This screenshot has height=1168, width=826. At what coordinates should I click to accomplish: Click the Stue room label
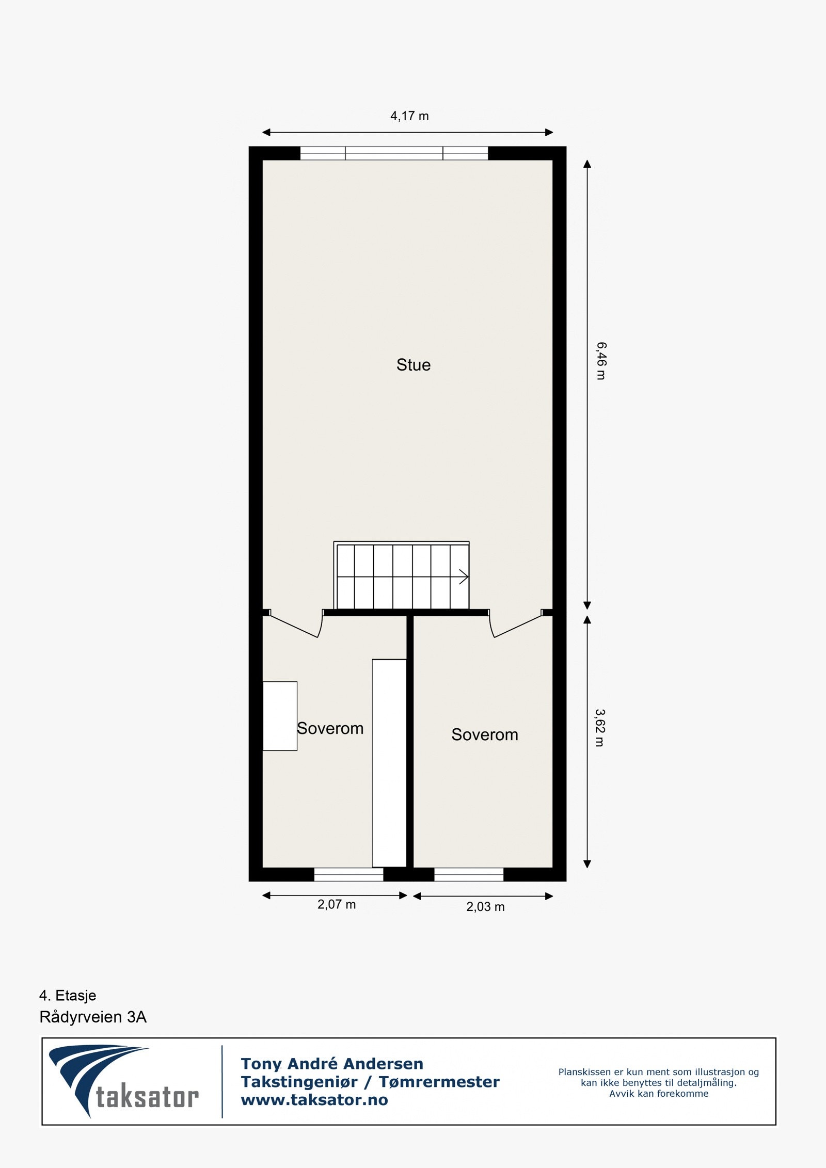(413, 365)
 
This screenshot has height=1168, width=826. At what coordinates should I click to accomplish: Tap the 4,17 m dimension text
(409, 116)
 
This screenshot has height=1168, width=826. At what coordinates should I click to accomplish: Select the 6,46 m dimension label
(601, 361)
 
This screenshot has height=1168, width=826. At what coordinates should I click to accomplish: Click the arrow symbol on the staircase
(463, 577)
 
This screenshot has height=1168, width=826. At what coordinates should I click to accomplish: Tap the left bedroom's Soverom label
(330, 728)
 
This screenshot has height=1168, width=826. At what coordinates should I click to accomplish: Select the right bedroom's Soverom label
(485, 734)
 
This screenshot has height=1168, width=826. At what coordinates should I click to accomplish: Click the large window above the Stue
(394, 153)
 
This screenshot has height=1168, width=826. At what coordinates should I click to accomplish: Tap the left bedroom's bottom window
(348, 874)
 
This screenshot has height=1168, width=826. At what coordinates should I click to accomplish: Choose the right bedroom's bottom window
(469, 874)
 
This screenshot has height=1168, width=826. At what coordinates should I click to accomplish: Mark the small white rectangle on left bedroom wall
(280, 716)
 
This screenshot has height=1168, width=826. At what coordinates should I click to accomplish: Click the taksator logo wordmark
(147, 1097)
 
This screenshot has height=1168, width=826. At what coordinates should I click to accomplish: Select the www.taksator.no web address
(314, 1100)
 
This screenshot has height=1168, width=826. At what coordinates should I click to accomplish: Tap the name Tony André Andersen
(332, 1064)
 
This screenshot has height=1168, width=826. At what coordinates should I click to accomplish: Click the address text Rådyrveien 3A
(93, 1017)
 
